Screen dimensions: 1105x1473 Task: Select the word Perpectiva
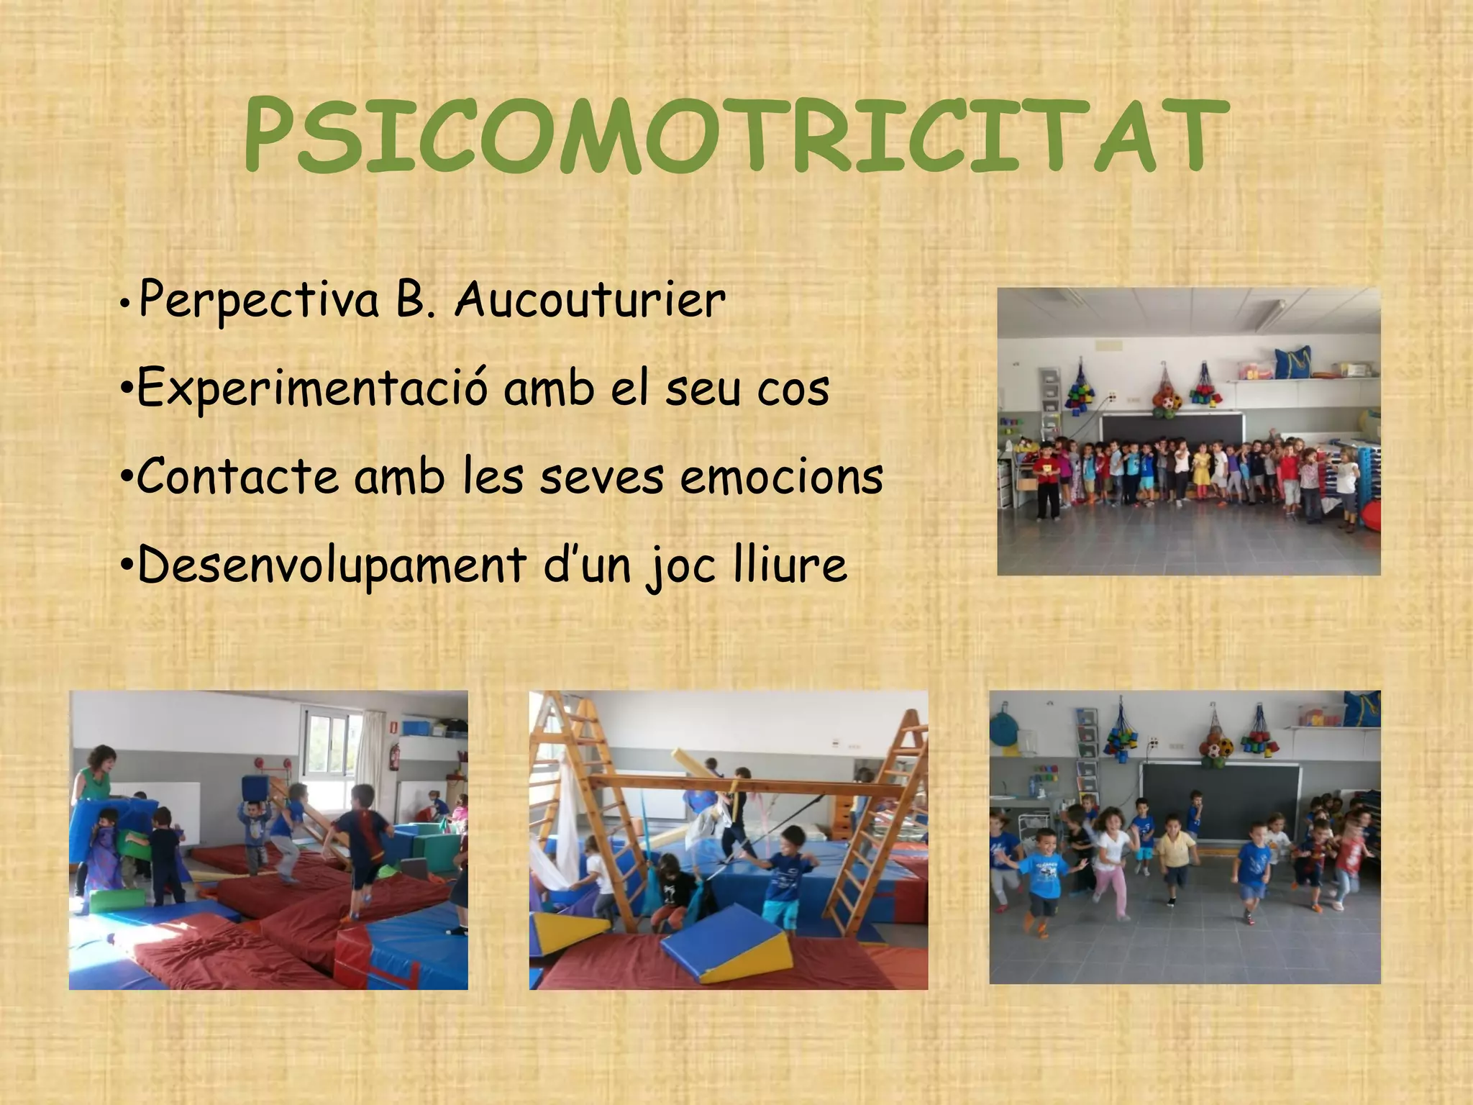pos(259,301)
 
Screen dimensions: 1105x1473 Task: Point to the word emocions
pos(781,476)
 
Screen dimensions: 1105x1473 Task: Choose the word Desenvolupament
pos(332,566)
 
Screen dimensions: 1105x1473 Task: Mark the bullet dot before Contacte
pos(126,478)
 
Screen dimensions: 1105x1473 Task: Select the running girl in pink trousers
pos(1111,870)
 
